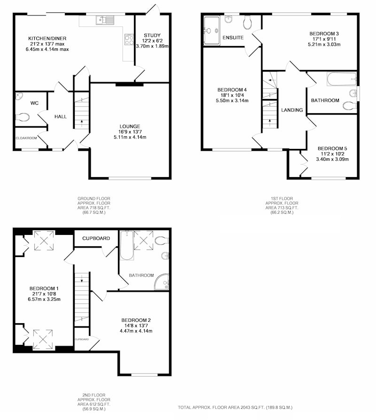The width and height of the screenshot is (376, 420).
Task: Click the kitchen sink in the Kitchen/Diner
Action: click(105, 20)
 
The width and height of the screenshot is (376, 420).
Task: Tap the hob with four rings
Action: click(129, 40)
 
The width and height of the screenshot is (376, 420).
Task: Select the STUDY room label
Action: click(152, 35)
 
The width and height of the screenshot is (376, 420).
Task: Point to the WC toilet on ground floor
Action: click(23, 117)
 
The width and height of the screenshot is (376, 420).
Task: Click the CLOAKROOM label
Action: click(26, 138)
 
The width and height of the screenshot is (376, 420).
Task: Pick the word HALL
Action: click(61, 117)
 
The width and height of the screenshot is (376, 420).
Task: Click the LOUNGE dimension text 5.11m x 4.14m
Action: click(130, 137)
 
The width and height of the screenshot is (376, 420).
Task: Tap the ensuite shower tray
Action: click(211, 31)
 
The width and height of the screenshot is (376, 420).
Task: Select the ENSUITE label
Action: click(233, 38)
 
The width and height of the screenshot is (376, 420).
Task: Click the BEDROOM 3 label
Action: click(324, 34)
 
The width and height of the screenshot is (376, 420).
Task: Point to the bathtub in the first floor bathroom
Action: click(342, 79)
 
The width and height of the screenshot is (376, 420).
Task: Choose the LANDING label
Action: click(292, 110)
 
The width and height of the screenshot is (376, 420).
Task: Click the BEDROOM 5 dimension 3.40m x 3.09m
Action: click(332, 159)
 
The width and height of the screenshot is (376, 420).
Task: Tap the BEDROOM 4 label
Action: click(232, 90)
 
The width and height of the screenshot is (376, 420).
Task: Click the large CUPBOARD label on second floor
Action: click(96, 238)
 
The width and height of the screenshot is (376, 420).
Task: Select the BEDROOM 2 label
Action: click(136, 320)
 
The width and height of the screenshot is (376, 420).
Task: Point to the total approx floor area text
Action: click(235, 407)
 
